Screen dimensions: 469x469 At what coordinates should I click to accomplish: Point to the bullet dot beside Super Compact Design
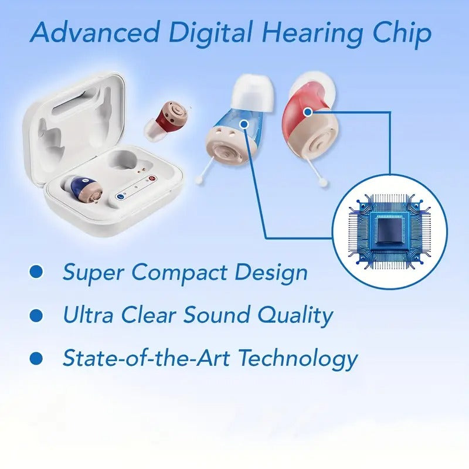[36, 271]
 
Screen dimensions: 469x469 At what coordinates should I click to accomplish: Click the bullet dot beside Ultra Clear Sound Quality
[36, 315]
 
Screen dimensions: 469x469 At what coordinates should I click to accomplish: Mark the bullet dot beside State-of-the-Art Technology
[36, 357]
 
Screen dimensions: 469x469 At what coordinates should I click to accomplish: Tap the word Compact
[180, 273]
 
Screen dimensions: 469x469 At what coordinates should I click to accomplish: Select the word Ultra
[87, 315]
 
